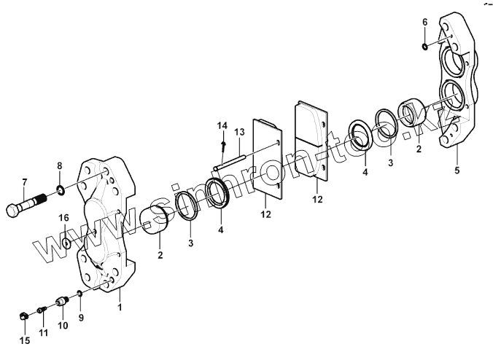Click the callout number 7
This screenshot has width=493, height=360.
coord(24,181)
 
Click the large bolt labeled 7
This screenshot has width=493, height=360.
coord(29,203)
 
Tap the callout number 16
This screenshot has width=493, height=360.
coord(64,218)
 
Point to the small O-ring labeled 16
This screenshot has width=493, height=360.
coord(65,242)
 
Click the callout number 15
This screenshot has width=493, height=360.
coord(23,340)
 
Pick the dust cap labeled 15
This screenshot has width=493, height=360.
coord(23,316)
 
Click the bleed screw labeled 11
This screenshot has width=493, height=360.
coord(42,313)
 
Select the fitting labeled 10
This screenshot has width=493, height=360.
coord(63,300)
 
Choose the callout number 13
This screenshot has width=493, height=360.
coord(239,132)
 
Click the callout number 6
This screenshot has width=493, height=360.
coord(424,22)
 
